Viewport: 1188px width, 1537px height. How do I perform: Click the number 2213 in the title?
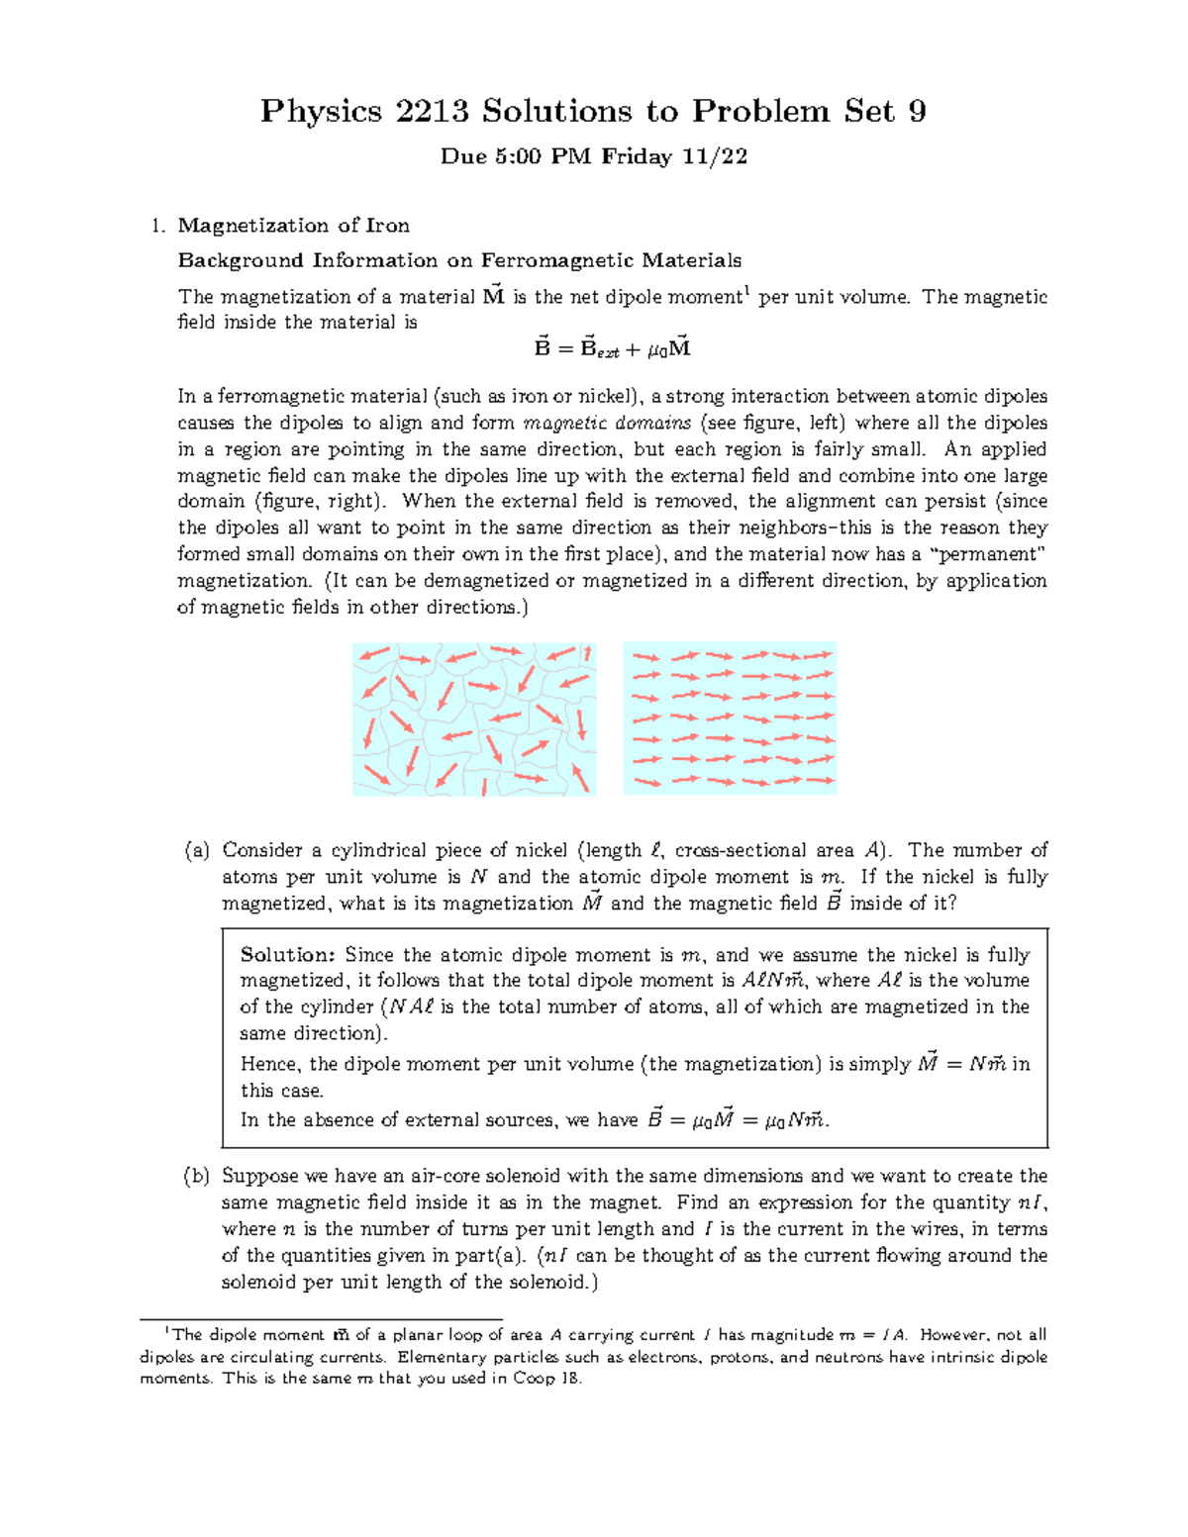coord(432,111)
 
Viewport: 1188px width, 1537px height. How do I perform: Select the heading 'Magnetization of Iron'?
coord(293,226)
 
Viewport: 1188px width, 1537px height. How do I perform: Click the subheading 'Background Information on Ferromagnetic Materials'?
coord(459,260)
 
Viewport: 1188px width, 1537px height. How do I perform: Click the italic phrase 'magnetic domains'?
coord(607,424)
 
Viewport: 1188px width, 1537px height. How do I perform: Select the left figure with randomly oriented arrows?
coord(474,719)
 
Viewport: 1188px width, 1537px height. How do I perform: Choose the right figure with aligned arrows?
coord(730,719)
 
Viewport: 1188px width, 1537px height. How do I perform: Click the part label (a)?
coord(197,850)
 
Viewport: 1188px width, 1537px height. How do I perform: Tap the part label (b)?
coord(197,1176)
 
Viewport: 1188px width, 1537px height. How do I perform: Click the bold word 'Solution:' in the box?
coord(288,955)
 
